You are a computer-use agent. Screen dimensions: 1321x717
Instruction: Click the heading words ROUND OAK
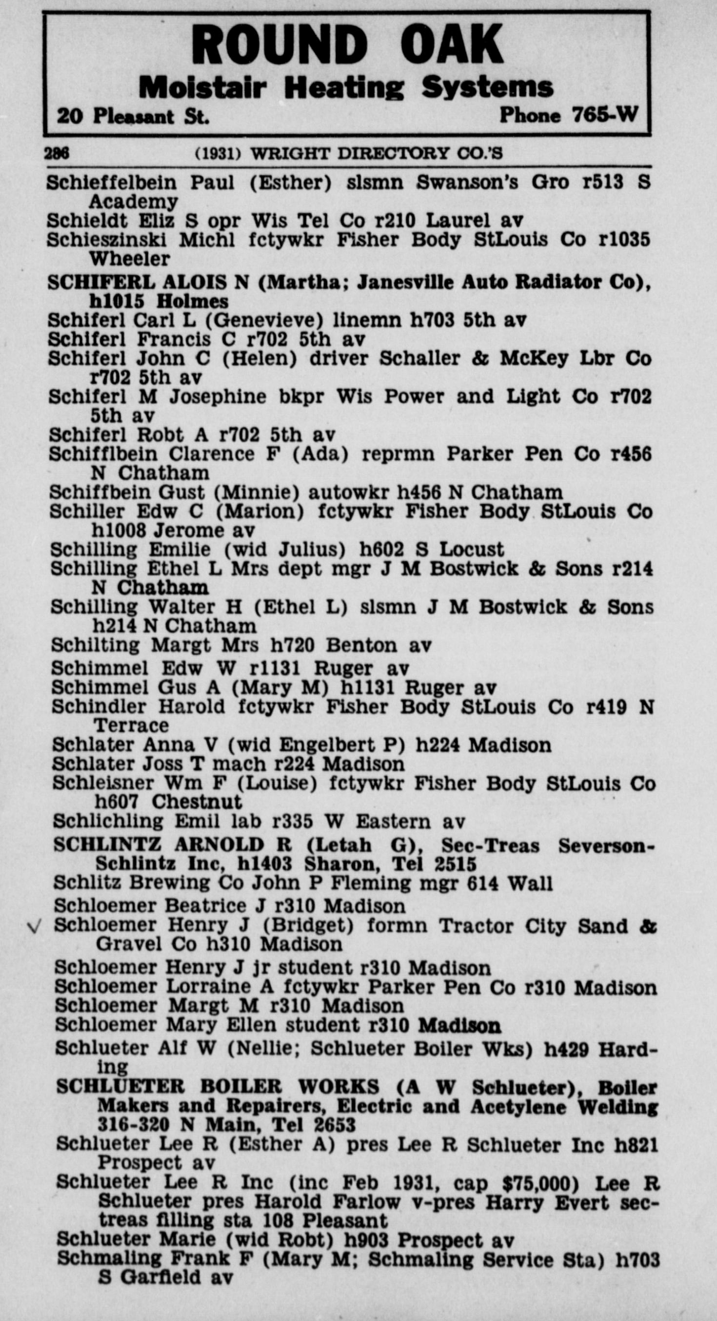coord(346,44)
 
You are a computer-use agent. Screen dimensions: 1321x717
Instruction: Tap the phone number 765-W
coord(605,114)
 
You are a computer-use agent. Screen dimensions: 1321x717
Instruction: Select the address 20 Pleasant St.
coord(133,116)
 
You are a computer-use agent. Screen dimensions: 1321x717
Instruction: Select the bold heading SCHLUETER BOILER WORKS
coord(218,1087)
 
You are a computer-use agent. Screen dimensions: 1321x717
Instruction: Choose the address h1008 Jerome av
coord(173,530)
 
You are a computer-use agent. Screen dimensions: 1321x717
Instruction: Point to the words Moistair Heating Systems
coord(346,88)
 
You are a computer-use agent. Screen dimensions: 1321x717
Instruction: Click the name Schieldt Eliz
coord(110,221)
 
